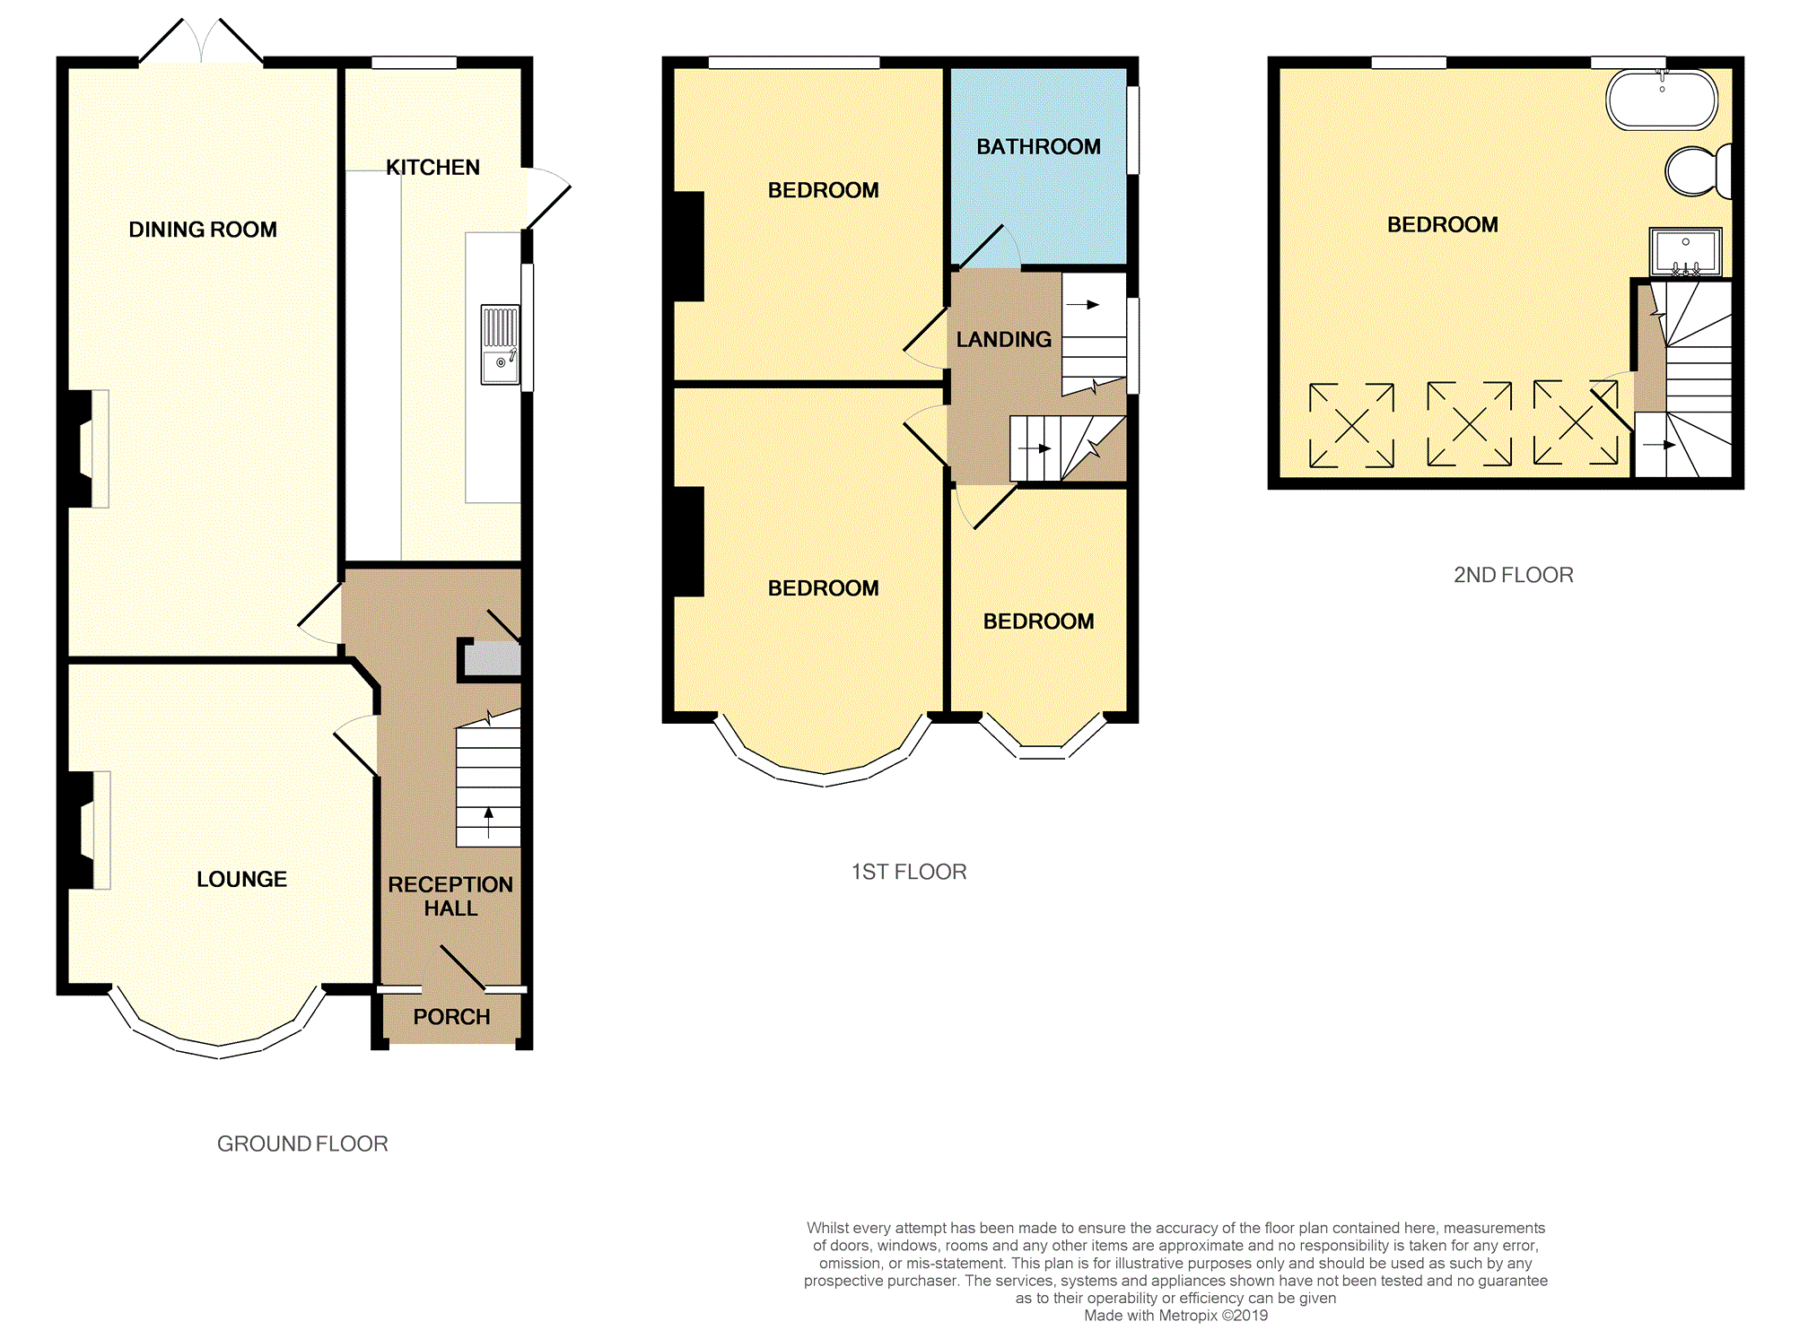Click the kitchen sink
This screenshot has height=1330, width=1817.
click(x=500, y=346)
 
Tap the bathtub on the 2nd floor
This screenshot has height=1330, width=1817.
click(x=1662, y=100)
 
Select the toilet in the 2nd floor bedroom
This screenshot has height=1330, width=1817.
click(x=1695, y=170)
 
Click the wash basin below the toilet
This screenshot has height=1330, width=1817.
click(x=1685, y=252)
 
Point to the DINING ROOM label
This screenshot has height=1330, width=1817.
click(x=203, y=230)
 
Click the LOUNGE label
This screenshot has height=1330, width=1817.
click(x=241, y=879)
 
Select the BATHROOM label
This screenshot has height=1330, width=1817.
click(x=1038, y=147)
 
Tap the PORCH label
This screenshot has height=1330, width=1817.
click(x=451, y=1017)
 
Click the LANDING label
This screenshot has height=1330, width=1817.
click(x=1003, y=340)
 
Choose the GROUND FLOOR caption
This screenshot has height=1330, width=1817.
click(x=302, y=1143)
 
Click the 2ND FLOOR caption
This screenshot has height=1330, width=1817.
click(x=1513, y=575)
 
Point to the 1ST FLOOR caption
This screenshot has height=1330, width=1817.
click(x=908, y=872)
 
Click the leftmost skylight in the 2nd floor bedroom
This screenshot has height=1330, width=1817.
click(x=1351, y=426)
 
